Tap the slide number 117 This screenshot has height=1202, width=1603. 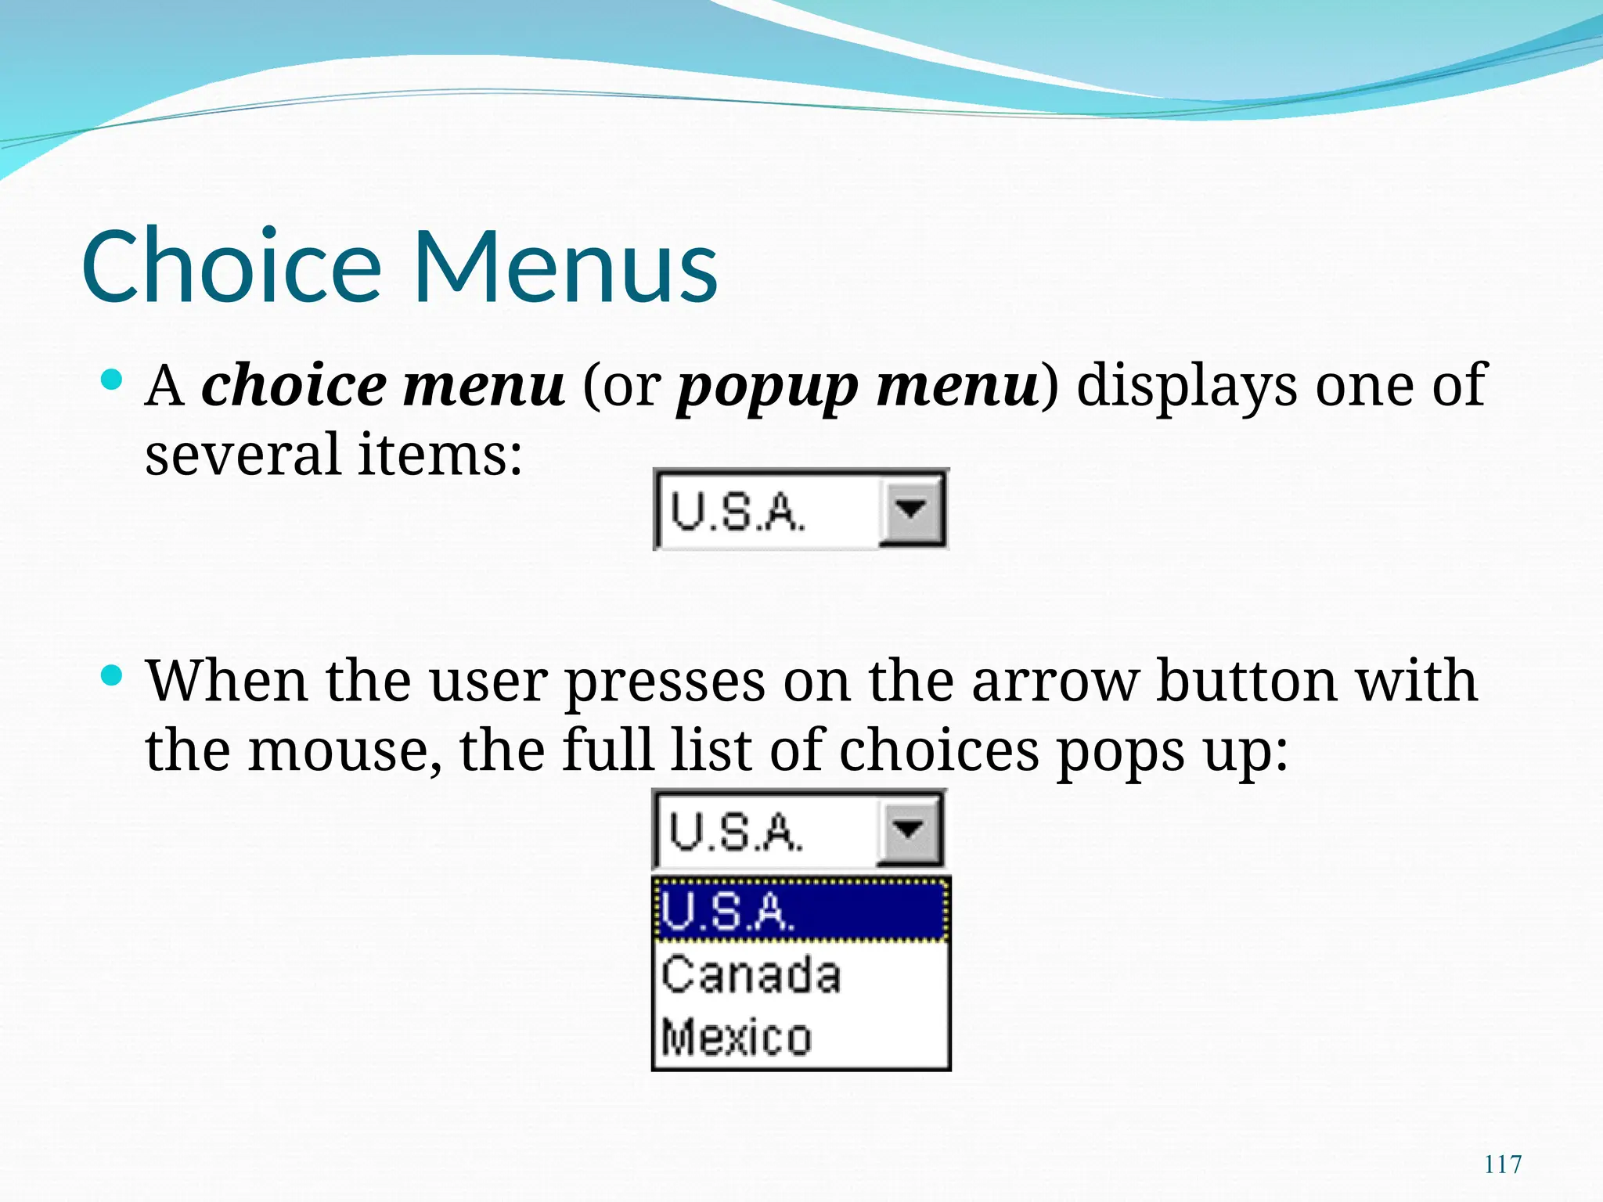click(x=1503, y=1164)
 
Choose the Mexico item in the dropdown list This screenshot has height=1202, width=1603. click(x=737, y=1038)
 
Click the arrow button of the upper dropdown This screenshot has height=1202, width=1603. click(x=911, y=510)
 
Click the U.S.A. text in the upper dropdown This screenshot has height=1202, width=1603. click(x=737, y=513)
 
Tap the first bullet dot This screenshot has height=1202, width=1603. click(x=113, y=381)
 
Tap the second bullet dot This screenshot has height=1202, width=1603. click(x=113, y=675)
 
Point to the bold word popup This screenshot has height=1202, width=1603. click(x=767, y=387)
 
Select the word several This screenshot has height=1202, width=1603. click(x=243, y=455)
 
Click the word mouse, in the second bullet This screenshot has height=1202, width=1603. click(x=344, y=750)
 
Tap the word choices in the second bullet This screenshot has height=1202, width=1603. click(x=939, y=750)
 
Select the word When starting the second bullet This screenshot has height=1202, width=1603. click(x=227, y=681)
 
